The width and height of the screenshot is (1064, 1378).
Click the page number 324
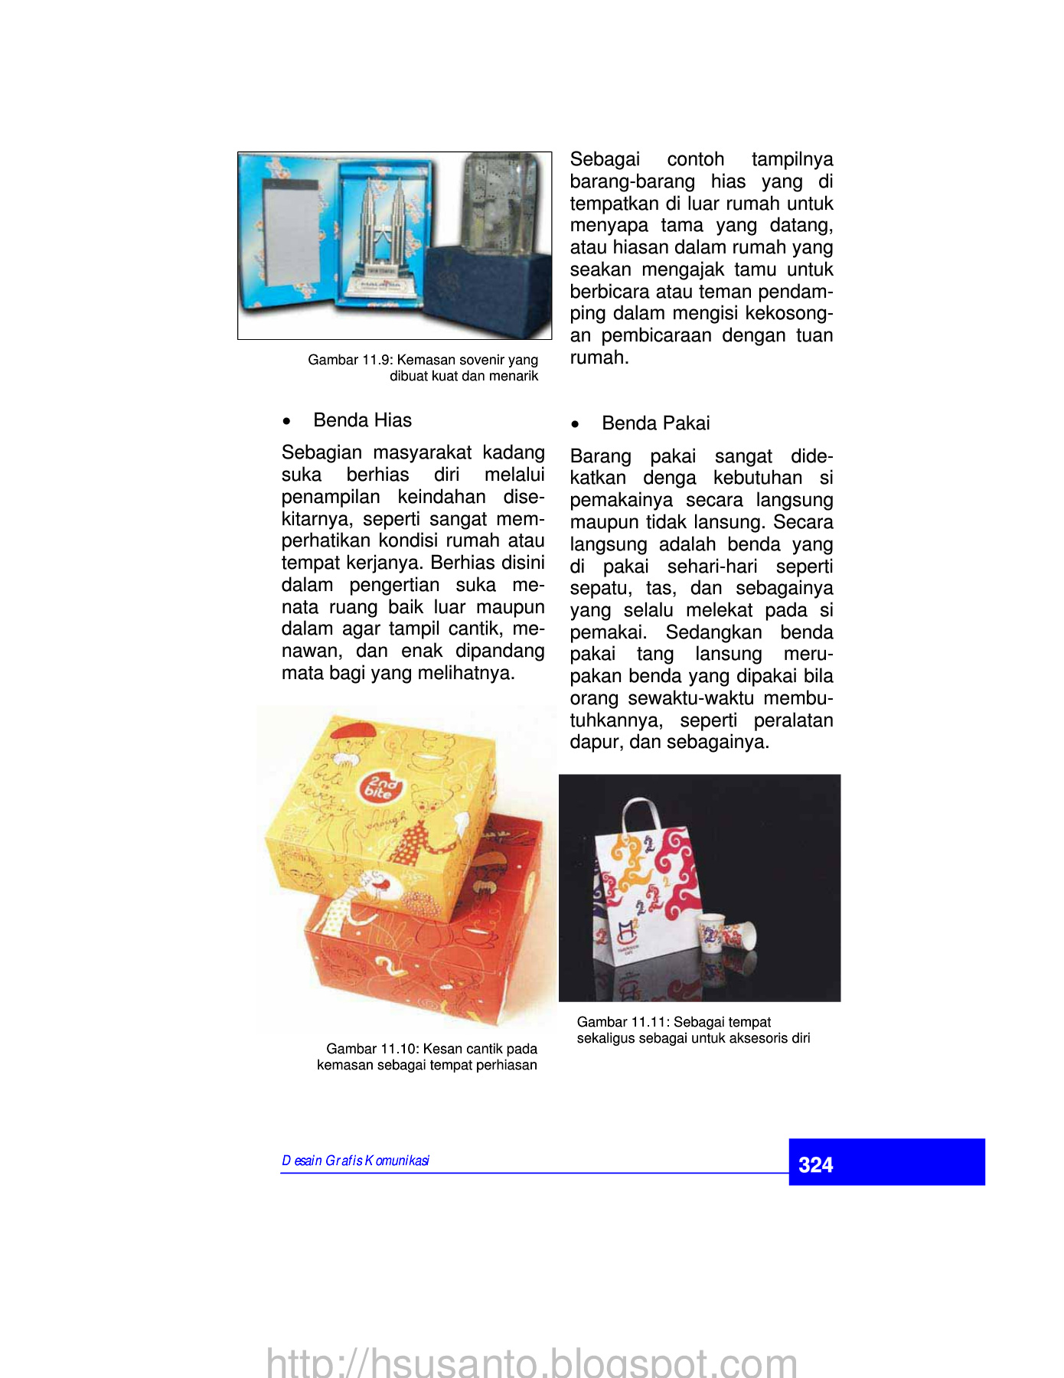coord(815,1164)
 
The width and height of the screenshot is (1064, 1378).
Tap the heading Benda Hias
coord(362,420)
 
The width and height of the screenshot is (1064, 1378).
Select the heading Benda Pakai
coord(655,423)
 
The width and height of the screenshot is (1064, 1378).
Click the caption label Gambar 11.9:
coord(351,360)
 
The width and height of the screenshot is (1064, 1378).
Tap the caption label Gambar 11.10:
coord(372,1049)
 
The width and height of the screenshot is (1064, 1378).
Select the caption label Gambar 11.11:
coord(623,1022)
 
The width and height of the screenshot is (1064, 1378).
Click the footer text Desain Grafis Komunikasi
coord(355,1161)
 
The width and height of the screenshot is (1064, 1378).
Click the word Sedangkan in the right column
coord(713,632)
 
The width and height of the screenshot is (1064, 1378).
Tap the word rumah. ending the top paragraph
coord(599,358)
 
